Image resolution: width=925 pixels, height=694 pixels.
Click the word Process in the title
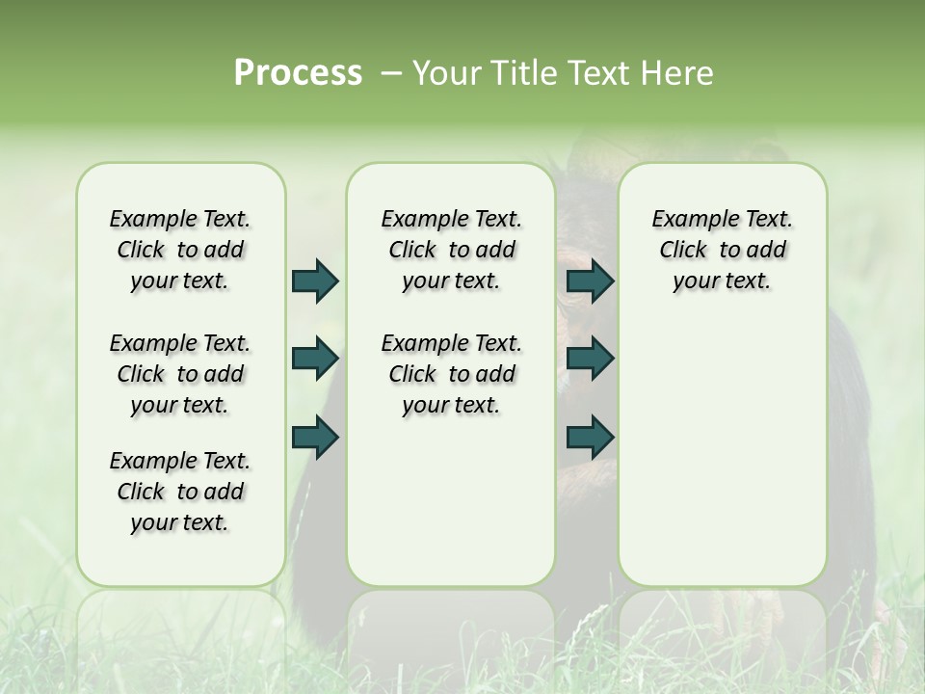click(298, 73)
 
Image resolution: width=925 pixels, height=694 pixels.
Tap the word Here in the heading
click(677, 73)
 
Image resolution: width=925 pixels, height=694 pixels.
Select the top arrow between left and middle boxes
click(315, 280)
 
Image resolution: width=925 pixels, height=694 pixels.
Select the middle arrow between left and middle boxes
click(315, 359)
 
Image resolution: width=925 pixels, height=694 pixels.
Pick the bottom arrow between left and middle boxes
click(315, 437)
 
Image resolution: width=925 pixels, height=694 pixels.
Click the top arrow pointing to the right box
click(590, 280)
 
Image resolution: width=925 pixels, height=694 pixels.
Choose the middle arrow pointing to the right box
click(590, 359)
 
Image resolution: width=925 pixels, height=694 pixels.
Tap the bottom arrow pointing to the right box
click(590, 437)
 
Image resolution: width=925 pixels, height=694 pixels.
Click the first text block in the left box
click(180, 250)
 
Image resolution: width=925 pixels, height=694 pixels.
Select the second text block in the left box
click(180, 374)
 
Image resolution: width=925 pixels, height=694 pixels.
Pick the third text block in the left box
click(180, 492)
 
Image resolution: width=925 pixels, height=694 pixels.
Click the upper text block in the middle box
click(451, 250)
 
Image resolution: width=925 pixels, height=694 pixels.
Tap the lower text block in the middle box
click(451, 374)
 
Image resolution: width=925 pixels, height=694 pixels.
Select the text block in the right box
click(722, 250)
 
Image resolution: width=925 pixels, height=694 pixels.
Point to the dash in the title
click(390, 73)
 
